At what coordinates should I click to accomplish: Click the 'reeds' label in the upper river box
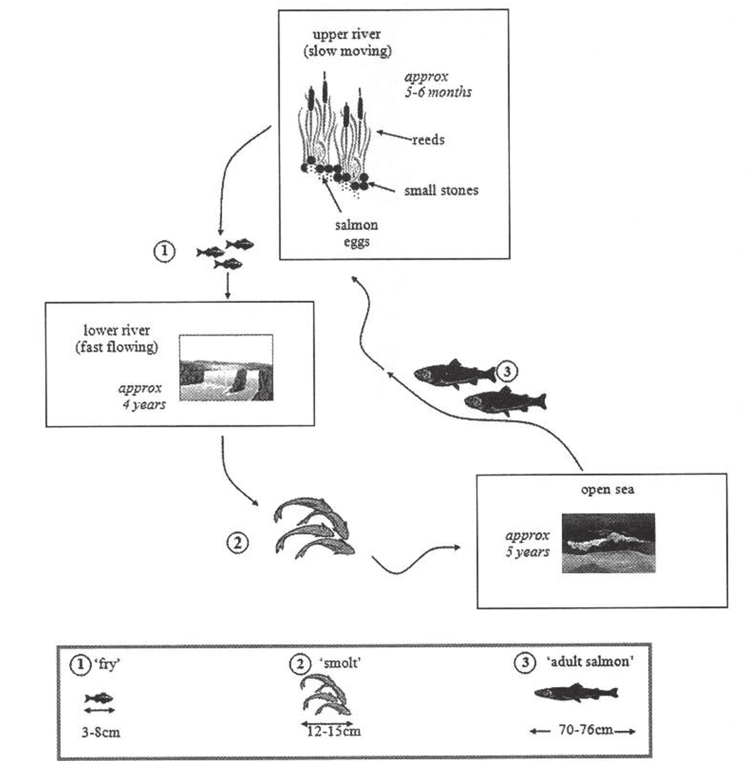pos(428,140)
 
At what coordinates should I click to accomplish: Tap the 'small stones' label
pos(441,190)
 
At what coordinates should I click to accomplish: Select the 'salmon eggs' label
pos(356,233)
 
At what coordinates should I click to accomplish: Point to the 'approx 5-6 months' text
pos(438,85)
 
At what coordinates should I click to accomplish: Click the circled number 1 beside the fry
pos(165,251)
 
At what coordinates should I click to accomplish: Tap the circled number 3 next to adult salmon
pos(507,371)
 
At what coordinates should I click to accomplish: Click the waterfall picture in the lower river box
pos(226,367)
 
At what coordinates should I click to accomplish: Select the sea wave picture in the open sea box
pos(608,543)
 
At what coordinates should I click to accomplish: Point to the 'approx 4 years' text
pos(142,396)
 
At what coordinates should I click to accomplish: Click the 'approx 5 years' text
pos(528,543)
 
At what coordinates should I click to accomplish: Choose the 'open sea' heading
pos(608,489)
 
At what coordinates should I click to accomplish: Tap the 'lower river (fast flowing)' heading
pos(116,338)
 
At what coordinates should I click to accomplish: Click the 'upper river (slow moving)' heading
pos(347,42)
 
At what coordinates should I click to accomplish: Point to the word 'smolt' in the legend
pos(340,662)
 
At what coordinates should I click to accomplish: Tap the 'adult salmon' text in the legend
pos(590,661)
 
